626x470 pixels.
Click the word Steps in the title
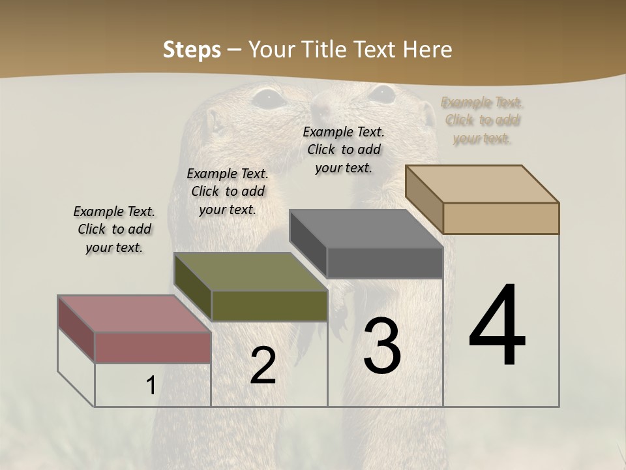point(192,50)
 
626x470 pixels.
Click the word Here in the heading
point(428,50)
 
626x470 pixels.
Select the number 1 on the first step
point(151,386)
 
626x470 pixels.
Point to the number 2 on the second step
point(263,366)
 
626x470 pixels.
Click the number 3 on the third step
point(382,346)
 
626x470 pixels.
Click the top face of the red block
point(134,314)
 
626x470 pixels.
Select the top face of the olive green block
point(250,272)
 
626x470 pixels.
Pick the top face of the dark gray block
point(365,228)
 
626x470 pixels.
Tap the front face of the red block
point(153,347)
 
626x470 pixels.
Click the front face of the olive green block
point(269,305)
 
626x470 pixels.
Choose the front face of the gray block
point(385,263)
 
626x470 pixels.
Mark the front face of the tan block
point(501,218)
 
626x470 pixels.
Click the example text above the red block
point(114,229)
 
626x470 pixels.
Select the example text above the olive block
point(228,191)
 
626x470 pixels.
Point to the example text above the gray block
point(344,149)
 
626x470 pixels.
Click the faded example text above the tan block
point(482,120)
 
